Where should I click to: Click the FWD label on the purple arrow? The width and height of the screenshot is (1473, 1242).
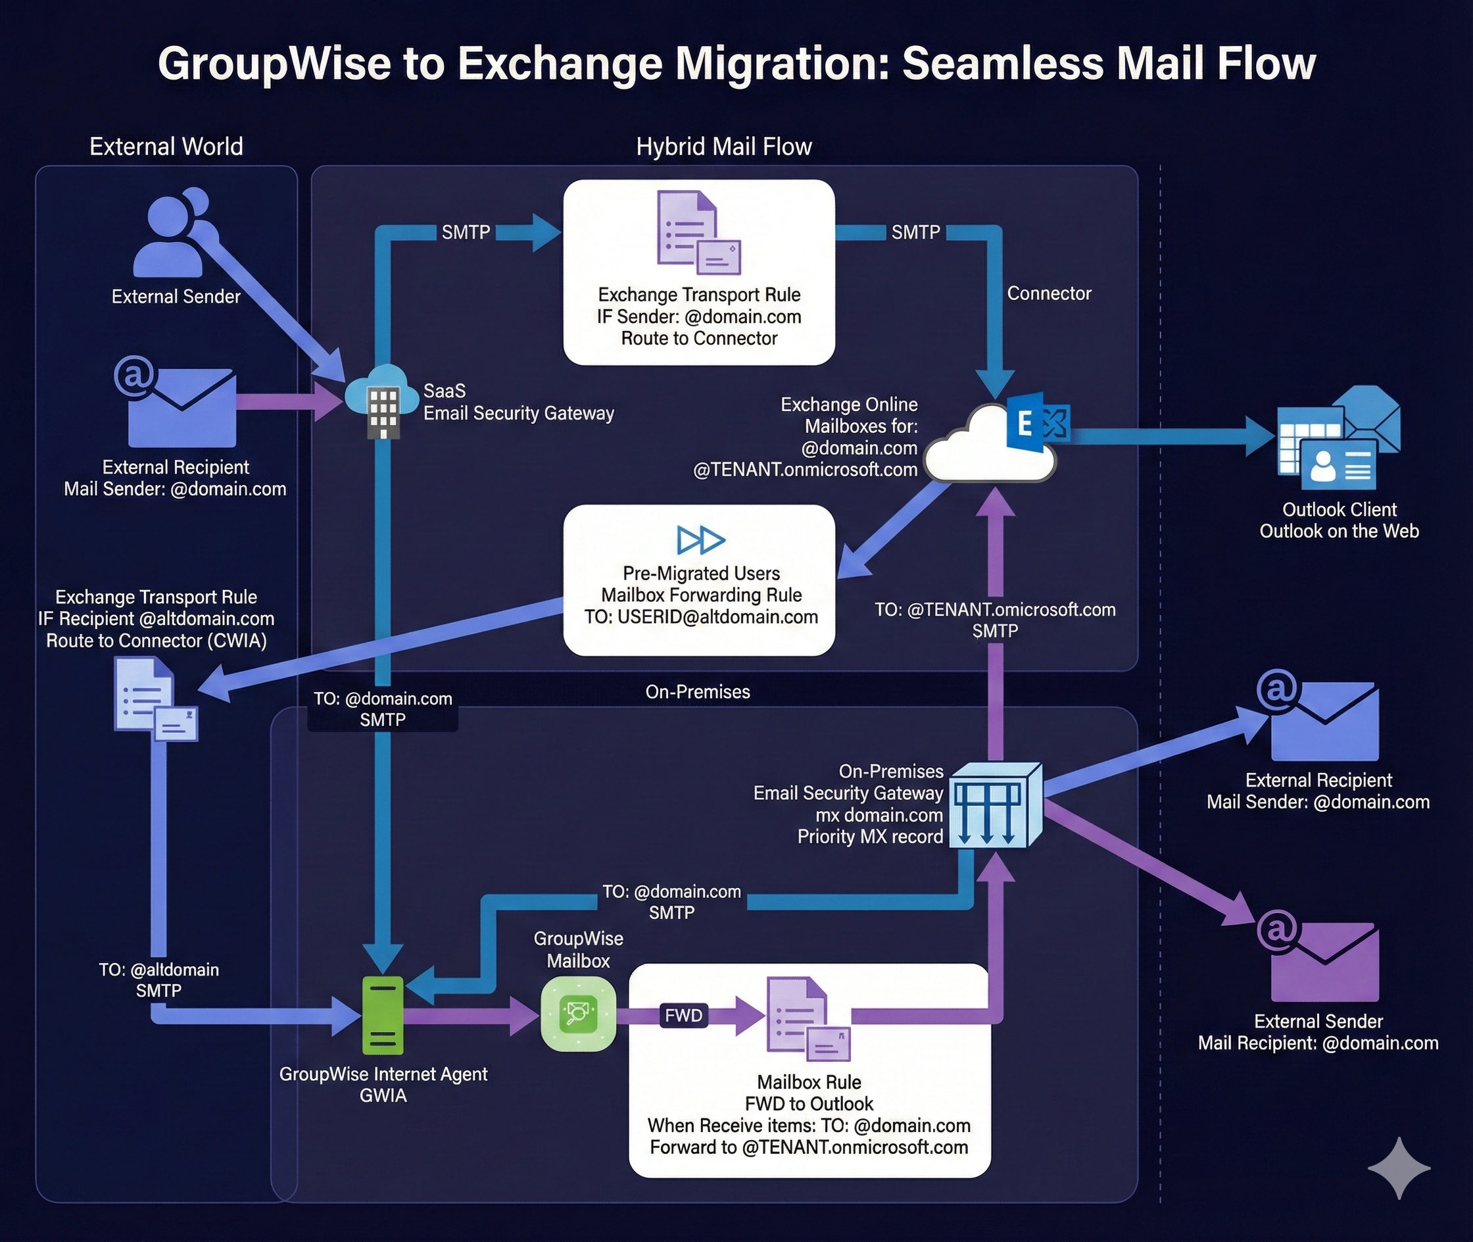683,1015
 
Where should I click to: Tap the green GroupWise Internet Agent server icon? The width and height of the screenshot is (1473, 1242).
382,1015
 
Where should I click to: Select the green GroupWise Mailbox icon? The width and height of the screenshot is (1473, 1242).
578,1014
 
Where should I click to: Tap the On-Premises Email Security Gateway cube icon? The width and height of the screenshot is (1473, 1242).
994,805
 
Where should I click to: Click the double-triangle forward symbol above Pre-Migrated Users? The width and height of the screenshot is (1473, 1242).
700,540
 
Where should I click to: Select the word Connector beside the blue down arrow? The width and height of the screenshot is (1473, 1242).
1049,293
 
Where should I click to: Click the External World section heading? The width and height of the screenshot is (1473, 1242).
166,147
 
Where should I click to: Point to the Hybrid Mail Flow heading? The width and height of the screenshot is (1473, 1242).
723,147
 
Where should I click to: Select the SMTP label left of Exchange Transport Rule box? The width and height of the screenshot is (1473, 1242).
465,232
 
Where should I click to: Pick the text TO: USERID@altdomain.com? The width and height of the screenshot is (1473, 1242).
701,618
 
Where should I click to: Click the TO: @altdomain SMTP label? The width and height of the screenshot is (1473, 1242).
159,980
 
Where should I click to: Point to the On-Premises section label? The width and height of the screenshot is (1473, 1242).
698,692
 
